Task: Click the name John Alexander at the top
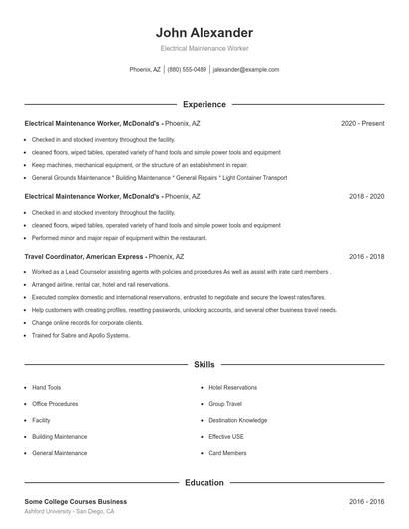[x=204, y=33]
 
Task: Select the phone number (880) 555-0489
[x=187, y=70]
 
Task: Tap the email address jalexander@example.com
[x=246, y=70]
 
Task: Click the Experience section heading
[x=204, y=104]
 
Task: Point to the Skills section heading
[x=204, y=365]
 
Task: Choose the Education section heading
[x=204, y=483]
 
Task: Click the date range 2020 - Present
[x=362, y=123]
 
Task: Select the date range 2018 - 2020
[x=366, y=197]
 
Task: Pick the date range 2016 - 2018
[x=366, y=256]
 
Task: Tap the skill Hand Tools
[x=47, y=387]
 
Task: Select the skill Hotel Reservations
[x=232, y=387]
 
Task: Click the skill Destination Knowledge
[x=237, y=420]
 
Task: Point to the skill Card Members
[x=227, y=453]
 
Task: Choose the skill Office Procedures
[x=55, y=404]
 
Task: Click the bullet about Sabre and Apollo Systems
[x=81, y=335]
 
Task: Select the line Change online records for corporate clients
[x=87, y=322]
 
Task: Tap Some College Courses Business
[x=76, y=501]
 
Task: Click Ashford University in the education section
[x=50, y=511]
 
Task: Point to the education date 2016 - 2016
[x=366, y=501]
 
